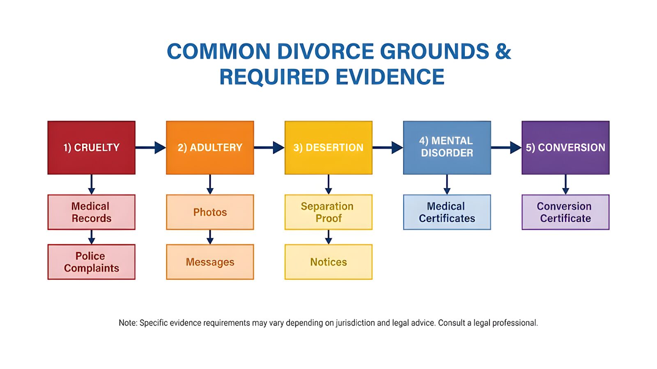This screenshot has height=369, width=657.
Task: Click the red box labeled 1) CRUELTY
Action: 91,148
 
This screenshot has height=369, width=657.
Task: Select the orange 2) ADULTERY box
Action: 210,148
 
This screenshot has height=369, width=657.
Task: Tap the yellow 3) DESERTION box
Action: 328,148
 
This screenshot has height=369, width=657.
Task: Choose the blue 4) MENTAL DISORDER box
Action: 447,148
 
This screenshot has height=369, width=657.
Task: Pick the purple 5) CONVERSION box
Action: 565,148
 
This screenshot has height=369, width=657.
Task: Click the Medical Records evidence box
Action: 91,212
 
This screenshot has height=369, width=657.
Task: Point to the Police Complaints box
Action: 91,262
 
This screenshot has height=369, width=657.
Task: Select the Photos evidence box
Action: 210,212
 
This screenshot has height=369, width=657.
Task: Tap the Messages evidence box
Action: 210,262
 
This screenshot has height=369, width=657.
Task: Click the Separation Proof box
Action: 328,212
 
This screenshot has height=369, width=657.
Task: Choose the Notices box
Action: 328,262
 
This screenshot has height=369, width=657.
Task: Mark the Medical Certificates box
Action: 447,212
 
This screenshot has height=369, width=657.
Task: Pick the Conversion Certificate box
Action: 565,212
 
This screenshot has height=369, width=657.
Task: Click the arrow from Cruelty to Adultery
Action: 150,148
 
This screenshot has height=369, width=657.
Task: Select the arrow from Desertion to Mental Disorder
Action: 388,148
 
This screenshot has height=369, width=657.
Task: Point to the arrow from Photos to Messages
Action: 210,237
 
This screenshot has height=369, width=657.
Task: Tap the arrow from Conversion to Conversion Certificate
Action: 565,184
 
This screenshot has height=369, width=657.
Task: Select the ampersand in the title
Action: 503,52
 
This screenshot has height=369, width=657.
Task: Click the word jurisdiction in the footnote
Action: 355,323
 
